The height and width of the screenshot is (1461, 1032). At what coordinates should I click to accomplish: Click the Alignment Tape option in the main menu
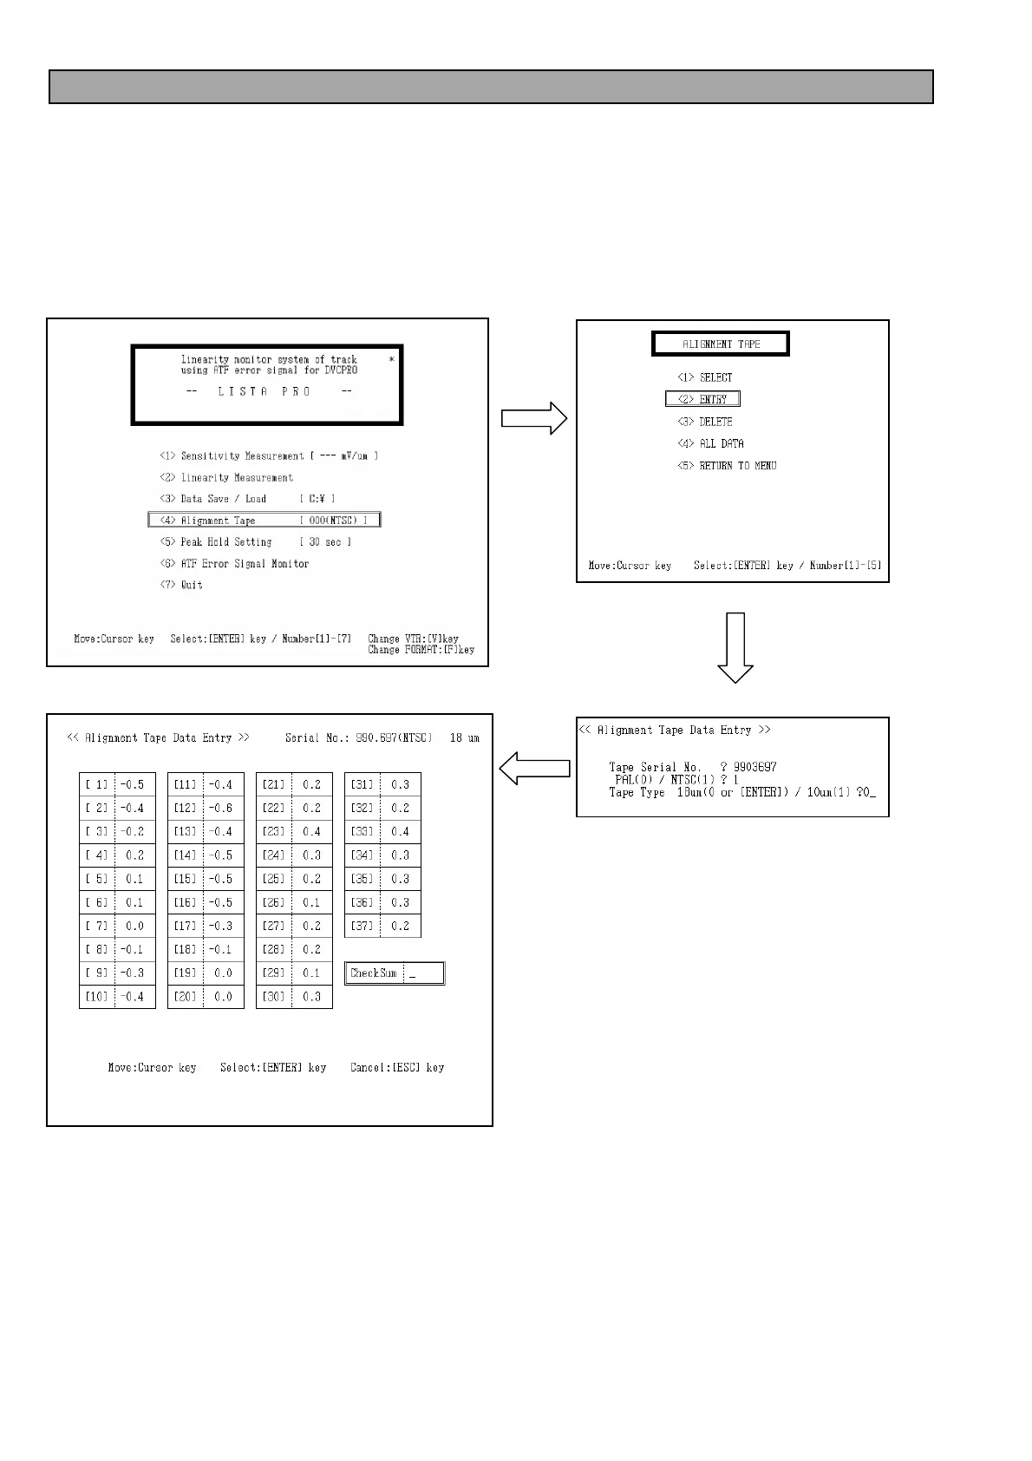click(265, 521)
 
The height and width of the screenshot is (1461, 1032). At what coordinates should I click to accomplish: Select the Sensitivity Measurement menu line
click(269, 456)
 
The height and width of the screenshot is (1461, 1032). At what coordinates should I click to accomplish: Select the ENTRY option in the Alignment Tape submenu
click(703, 400)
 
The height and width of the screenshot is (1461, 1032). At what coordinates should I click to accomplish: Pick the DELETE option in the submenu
click(705, 423)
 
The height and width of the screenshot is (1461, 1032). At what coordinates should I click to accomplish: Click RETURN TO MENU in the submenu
click(727, 466)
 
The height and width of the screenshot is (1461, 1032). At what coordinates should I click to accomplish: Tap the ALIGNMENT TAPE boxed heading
click(721, 344)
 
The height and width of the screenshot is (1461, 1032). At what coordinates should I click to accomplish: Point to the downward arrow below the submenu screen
click(735, 647)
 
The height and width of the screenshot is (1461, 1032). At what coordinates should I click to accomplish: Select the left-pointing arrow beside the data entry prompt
click(534, 768)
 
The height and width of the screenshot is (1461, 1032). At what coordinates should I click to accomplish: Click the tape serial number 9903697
click(755, 767)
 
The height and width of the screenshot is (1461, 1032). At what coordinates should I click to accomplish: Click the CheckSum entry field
click(423, 973)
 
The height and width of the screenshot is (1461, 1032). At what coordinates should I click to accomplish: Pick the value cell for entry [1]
click(134, 785)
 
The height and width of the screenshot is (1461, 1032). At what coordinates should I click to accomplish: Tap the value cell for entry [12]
click(223, 809)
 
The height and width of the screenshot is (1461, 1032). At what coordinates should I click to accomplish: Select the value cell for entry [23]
click(311, 832)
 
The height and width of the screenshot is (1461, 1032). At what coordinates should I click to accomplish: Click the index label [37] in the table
click(362, 927)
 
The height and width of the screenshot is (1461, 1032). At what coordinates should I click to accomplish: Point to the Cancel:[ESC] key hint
click(397, 1068)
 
